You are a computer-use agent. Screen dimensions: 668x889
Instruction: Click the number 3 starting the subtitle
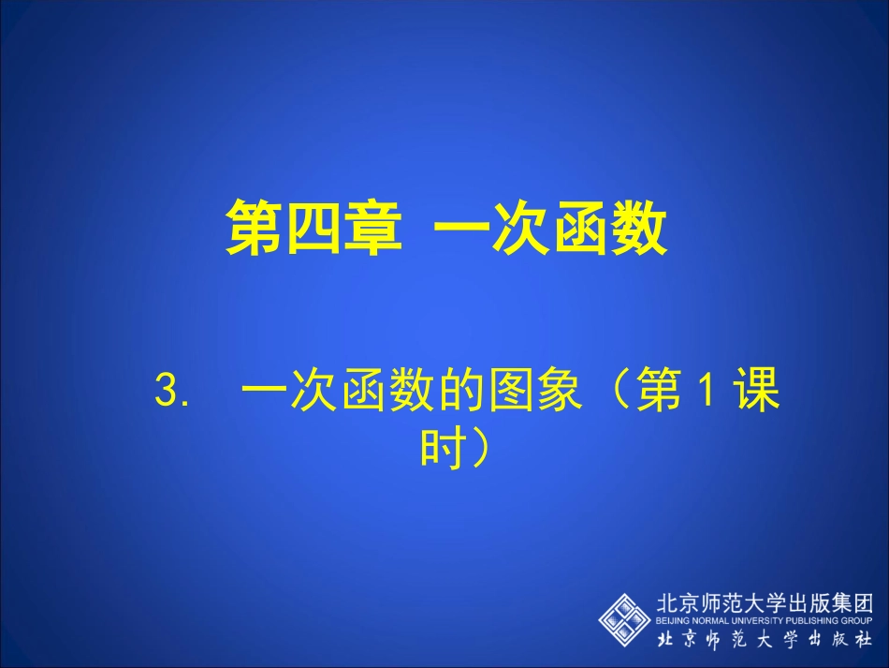click(x=166, y=393)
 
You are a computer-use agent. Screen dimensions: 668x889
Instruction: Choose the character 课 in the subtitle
click(x=756, y=393)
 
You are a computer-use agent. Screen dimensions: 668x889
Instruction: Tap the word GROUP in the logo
click(x=858, y=620)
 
